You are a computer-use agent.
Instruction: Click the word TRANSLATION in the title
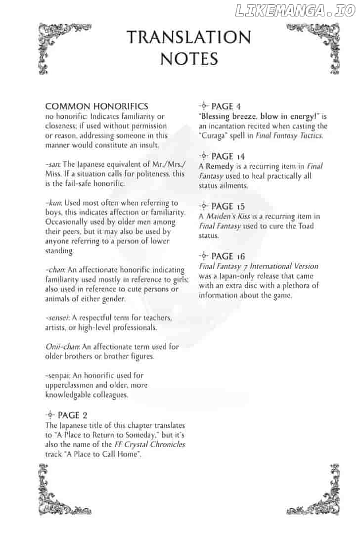pyautogui.click(x=188, y=37)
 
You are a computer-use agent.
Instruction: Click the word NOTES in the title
pyautogui.click(x=189, y=59)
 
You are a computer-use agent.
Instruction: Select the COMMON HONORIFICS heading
pyautogui.click(x=96, y=106)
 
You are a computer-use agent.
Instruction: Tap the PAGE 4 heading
pyautogui.click(x=226, y=106)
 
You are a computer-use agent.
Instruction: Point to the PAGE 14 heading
pyautogui.click(x=228, y=156)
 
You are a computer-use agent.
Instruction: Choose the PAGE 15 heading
pyautogui.click(x=228, y=206)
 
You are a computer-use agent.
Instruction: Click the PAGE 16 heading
pyautogui.click(x=228, y=256)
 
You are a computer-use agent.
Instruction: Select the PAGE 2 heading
pyautogui.click(x=73, y=415)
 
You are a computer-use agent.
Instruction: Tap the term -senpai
pyautogui.click(x=59, y=375)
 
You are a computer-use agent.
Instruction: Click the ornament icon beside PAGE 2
pyautogui.click(x=50, y=415)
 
